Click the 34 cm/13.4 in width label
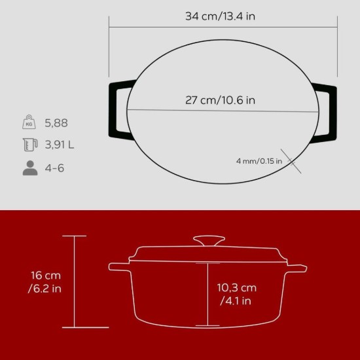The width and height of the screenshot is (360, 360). point(220,16)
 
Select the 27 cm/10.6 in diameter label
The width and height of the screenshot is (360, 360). point(220,101)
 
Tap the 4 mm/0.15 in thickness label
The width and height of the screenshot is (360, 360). point(259,160)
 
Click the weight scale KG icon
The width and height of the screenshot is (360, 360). point(29,122)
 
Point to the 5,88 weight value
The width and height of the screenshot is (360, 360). point(56,123)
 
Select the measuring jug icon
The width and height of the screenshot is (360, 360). point(29,145)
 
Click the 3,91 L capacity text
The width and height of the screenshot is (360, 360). point(59,145)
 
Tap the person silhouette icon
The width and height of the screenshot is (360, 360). point(29,168)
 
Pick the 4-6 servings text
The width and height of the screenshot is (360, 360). point(54,168)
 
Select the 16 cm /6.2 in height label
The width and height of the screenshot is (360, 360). point(47,282)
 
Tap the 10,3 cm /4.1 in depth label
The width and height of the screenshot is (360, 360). point(236,295)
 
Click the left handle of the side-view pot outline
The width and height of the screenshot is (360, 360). point(118,267)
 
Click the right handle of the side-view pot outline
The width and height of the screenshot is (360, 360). point(298,268)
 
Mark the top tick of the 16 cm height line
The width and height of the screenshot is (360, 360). point(74,236)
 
